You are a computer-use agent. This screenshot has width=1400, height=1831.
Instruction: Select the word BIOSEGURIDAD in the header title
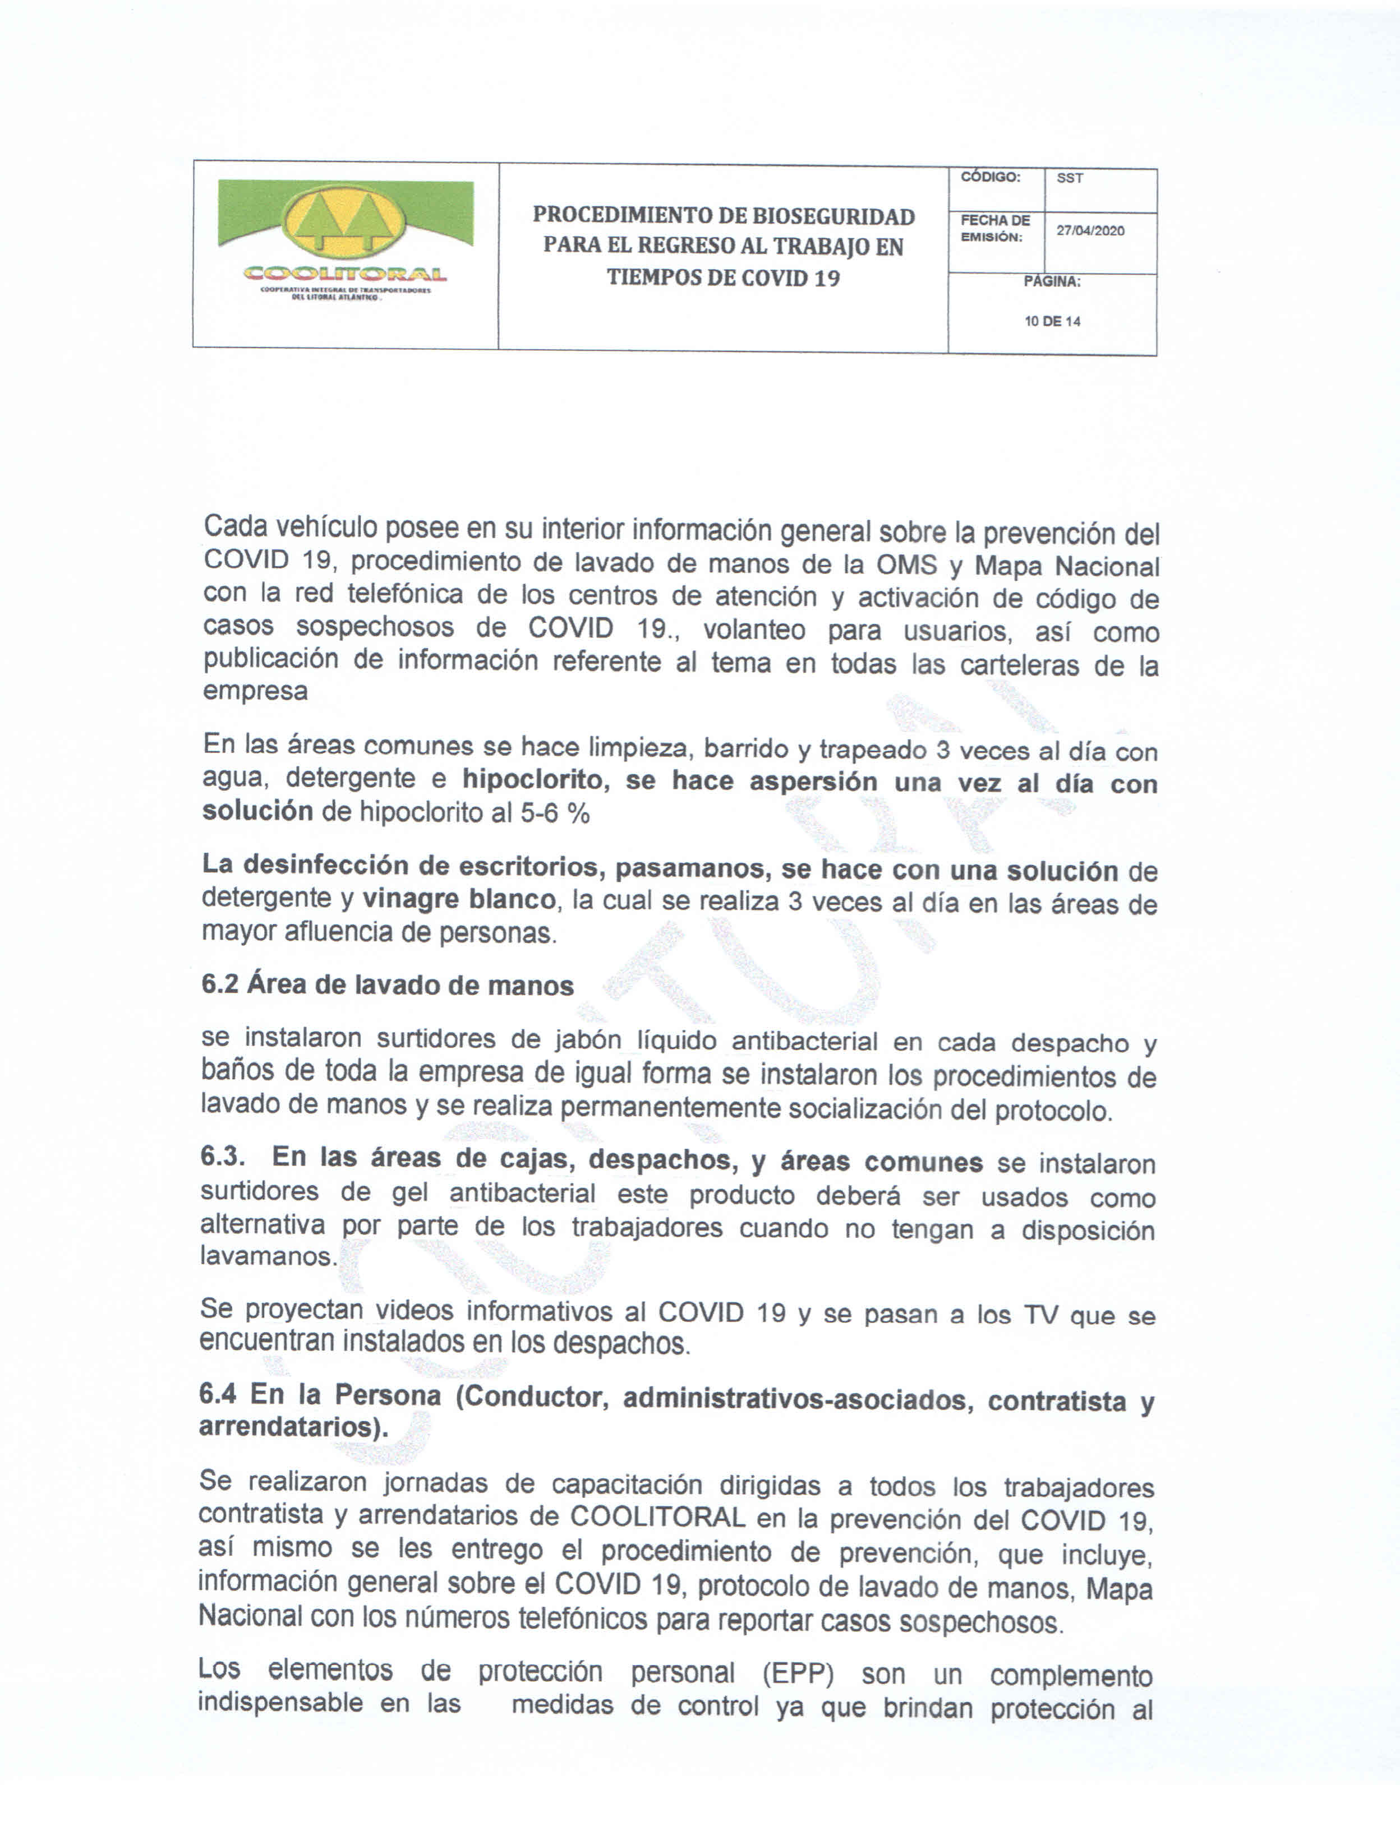tap(833, 216)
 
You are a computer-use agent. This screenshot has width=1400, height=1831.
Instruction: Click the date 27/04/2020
tap(1090, 231)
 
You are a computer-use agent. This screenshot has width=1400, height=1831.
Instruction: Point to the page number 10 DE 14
tap(1052, 322)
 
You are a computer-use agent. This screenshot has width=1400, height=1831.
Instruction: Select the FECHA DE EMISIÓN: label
tap(994, 228)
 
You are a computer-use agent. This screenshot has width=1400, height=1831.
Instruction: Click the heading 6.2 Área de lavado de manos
tap(388, 986)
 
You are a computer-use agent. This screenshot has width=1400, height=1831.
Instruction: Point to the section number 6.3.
tap(223, 1158)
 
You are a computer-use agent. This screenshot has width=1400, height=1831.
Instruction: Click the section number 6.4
tap(218, 1395)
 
